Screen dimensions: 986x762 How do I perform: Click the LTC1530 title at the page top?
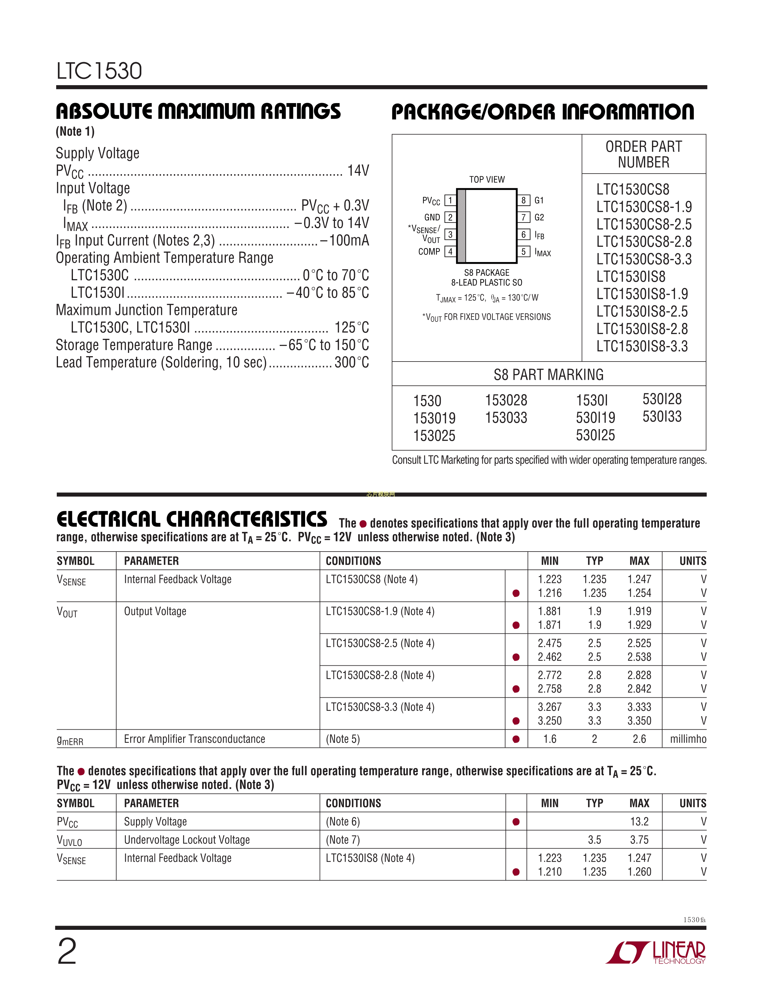click(99, 71)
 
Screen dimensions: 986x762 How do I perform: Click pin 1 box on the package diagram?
click(450, 200)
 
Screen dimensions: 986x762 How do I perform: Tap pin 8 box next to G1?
click(523, 200)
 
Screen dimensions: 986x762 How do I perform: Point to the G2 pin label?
click(539, 217)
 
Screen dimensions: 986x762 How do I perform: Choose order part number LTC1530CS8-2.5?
click(644, 224)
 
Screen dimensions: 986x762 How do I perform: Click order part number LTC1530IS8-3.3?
click(642, 346)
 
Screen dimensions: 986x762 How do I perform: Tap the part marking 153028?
click(506, 400)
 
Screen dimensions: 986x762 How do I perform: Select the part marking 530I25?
click(595, 435)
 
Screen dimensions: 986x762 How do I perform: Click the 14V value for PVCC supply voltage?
click(358, 171)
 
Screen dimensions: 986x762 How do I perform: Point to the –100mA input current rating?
click(345, 240)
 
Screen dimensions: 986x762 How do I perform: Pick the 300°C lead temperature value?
click(352, 362)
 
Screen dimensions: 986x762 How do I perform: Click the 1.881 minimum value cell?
click(549, 611)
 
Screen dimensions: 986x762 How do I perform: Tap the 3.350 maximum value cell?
click(639, 721)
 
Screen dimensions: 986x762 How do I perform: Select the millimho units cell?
click(688, 739)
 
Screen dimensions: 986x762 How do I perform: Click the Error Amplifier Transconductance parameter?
click(195, 739)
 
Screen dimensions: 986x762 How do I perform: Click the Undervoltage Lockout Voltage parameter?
click(187, 840)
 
